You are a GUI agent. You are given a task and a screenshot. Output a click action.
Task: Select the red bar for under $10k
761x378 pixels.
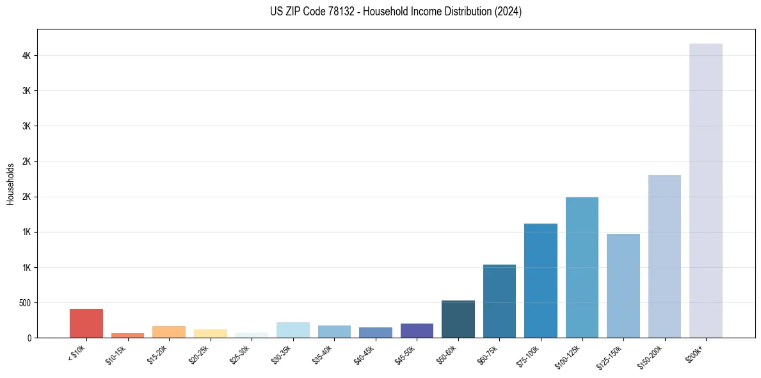pos(86,323)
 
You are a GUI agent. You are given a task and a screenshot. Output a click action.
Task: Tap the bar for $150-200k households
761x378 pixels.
pos(664,256)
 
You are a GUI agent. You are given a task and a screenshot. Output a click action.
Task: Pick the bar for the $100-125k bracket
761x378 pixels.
pos(582,267)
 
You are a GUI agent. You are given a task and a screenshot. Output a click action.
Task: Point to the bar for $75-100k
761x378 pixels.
pos(541,281)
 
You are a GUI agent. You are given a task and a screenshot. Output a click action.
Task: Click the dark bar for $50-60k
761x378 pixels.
pos(458,319)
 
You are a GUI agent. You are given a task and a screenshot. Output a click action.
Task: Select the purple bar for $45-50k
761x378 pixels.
pos(417,331)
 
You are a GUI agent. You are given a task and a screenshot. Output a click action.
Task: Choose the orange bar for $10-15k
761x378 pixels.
pos(127,335)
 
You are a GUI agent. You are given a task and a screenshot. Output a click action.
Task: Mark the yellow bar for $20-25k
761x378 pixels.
pos(210,333)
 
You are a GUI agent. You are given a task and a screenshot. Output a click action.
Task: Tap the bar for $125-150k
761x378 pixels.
pos(623,286)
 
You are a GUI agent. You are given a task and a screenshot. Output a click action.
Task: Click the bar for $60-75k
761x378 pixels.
pos(499,301)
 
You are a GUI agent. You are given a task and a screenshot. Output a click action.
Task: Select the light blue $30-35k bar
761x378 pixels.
pos(292,330)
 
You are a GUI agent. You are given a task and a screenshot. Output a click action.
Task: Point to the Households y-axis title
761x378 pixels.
pos(10,184)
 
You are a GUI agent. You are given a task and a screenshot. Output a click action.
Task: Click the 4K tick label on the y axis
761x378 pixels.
pos(27,56)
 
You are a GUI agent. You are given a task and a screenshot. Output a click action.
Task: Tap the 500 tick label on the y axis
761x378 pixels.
pos(24,302)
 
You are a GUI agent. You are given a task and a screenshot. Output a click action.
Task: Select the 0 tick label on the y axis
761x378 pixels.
pos(29,338)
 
